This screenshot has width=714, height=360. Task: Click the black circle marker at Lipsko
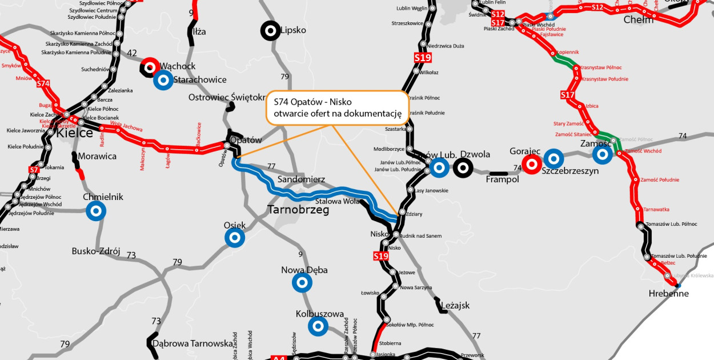pos(270,31)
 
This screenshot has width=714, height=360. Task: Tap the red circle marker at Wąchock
pos(150,67)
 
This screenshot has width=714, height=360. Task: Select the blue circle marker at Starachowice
pos(163,80)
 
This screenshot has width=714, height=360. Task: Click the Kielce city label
pos(74,133)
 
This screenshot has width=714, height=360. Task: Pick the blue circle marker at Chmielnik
pos(96,211)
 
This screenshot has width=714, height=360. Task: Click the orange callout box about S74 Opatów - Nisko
pos(337,107)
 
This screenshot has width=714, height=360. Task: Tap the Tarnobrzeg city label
pos(298,210)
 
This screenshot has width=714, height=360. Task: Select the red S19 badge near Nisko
pos(381,256)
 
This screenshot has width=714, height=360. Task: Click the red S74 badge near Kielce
pos(43,84)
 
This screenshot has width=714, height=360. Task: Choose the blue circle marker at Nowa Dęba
pos(302,282)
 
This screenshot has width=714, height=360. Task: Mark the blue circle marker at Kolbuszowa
pos(318,326)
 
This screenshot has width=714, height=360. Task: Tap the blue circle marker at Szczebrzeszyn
pos(553,158)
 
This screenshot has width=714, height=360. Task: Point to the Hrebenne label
pos(669,294)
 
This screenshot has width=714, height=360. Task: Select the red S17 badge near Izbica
pos(567,95)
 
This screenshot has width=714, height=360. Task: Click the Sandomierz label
pos(301,179)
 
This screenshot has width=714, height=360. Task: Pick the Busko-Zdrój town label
pos(96,251)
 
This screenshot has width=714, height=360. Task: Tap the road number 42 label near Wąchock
pos(132,53)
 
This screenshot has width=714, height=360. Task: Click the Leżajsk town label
pos(455,306)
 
